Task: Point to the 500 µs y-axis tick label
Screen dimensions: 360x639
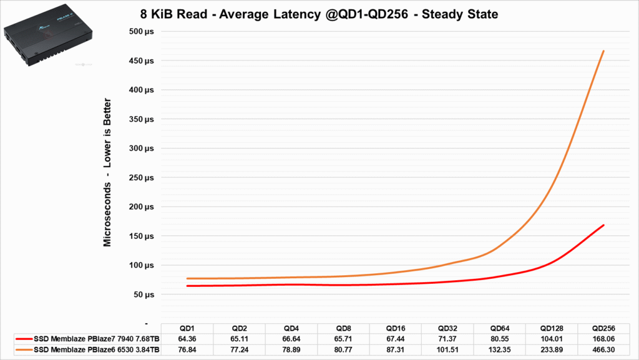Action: [140, 31]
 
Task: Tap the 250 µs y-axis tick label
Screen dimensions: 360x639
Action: [140, 177]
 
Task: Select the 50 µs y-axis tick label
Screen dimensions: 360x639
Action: [142, 294]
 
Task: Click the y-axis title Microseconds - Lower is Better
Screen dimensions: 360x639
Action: [108, 172]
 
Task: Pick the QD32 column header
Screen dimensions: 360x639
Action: [447, 329]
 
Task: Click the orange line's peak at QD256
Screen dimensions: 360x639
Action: [603, 51]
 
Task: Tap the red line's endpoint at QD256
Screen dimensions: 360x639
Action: [603, 225]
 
